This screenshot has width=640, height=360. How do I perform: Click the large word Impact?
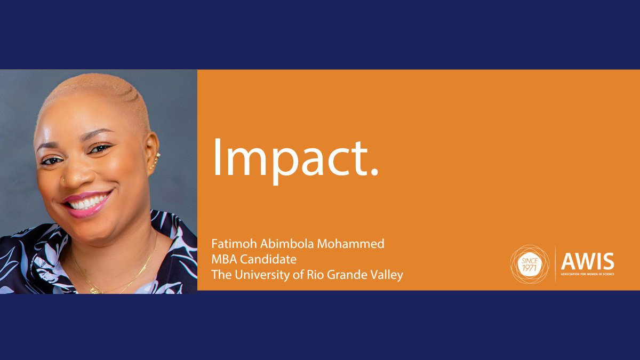(295, 161)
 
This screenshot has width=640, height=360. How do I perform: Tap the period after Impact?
(374, 171)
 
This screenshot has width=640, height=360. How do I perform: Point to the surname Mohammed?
(351, 244)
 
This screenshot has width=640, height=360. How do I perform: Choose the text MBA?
(224, 259)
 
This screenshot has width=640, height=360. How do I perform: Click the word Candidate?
(268, 259)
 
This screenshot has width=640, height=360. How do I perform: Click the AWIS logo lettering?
(587, 261)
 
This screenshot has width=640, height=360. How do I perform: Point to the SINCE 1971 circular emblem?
(530, 265)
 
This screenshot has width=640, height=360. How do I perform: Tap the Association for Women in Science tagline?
(587, 274)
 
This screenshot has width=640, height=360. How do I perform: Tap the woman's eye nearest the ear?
(100, 149)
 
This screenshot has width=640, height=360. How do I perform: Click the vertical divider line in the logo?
(555, 264)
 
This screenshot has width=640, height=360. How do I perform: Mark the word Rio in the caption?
(315, 275)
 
